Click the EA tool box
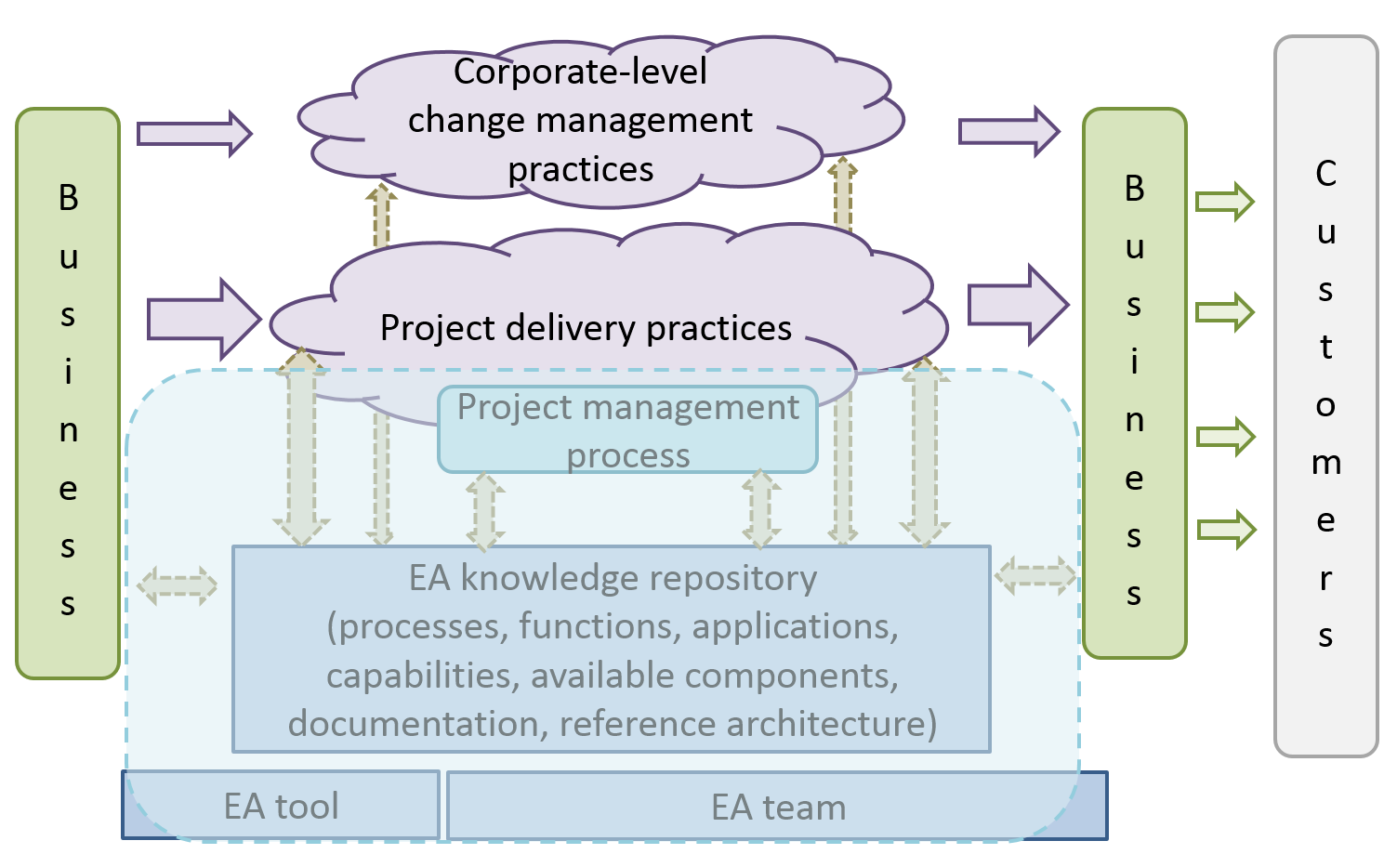pyautogui.click(x=281, y=806)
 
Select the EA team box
pyautogui.click(x=778, y=807)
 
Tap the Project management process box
pyautogui.click(x=627, y=430)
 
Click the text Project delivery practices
pyautogui.click(x=586, y=328)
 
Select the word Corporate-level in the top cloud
pyautogui.click(x=580, y=72)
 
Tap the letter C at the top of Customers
pyautogui.click(x=1325, y=174)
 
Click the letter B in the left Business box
pyautogui.click(x=68, y=198)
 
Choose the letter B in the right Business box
pyautogui.click(x=1134, y=189)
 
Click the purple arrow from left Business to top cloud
pyautogui.click(x=194, y=134)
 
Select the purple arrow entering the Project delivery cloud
pyautogui.click(x=204, y=320)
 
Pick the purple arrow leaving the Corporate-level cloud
pyautogui.click(x=1008, y=131)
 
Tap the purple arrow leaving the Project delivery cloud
pyautogui.click(x=1018, y=305)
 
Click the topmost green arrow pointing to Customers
pyautogui.click(x=1224, y=202)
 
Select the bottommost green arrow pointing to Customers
pyautogui.click(x=1226, y=530)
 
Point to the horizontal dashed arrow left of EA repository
pyautogui.click(x=177, y=585)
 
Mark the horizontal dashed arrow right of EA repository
pyautogui.click(x=1035, y=575)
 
